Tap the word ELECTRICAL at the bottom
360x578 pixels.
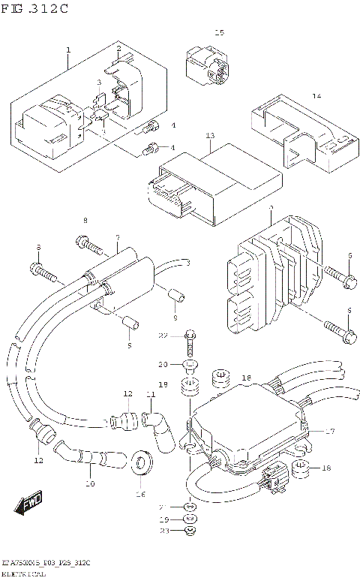click(24, 573)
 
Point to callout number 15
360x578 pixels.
click(219, 32)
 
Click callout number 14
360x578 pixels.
click(316, 96)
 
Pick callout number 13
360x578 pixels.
click(210, 136)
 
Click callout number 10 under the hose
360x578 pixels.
click(90, 483)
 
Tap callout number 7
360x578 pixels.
click(117, 238)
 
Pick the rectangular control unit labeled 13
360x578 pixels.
click(214, 180)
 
